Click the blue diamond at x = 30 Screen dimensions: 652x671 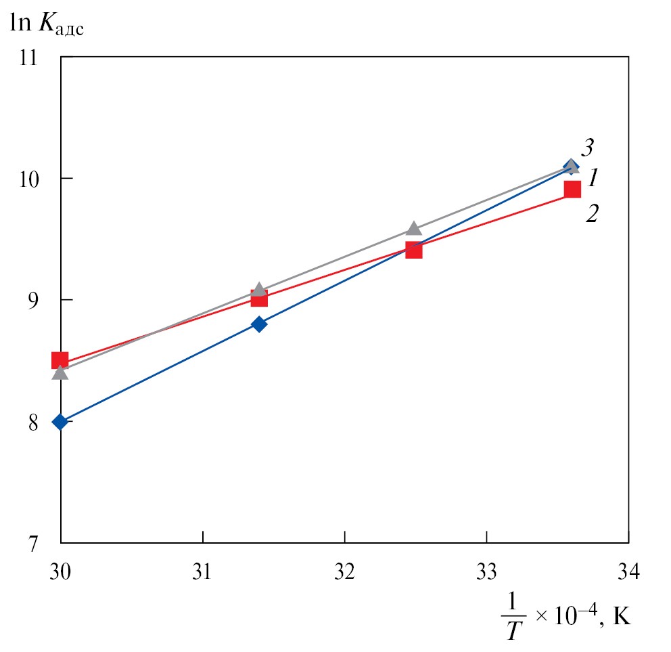(x=60, y=422)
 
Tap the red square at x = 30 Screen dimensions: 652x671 (x=60, y=360)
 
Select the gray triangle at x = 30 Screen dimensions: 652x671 (x=60, y=372)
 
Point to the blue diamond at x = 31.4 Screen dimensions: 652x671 (x=259, y=324)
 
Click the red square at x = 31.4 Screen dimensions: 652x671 (x=259, y=299)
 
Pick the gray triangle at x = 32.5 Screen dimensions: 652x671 (x=414, y=228)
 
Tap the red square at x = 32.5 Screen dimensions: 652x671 (x=414, y=251)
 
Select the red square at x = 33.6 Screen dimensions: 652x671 (x=572, y=189)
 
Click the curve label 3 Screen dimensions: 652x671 (x=587, y=147)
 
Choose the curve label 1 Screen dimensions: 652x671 (x=593, y=178)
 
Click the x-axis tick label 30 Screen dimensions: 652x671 (x=61, y=571)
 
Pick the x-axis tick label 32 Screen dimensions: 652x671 (x=345, y=571)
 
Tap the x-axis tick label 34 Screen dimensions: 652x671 (x=628, y=571)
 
